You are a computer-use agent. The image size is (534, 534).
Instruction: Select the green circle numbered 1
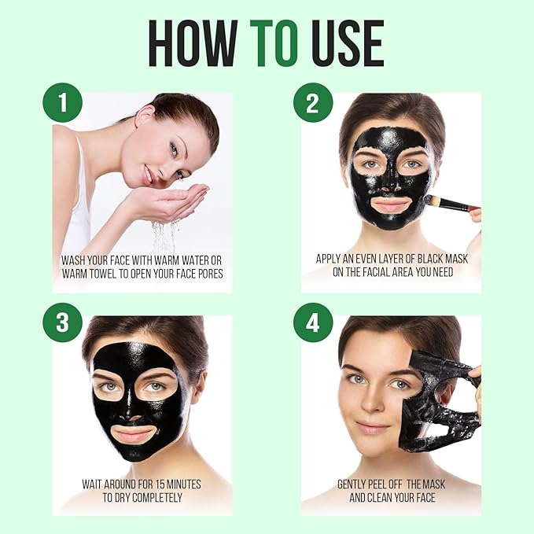pyautogui.click(x=62, y=103)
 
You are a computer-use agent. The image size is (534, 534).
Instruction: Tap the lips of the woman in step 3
pyautogui.click(x=134, y=435)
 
